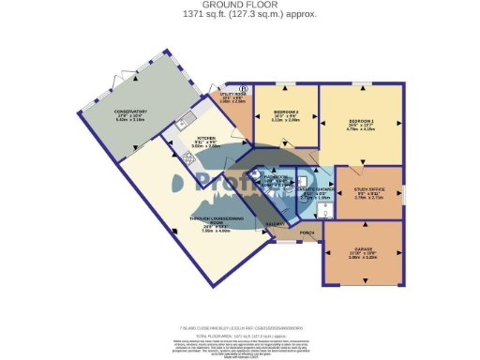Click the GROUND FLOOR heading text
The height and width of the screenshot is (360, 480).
point(239,4)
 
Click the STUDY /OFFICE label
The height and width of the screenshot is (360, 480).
point(367,189)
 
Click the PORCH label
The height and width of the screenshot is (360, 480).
point(306,232)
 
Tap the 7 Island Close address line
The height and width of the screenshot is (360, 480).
point(239,327)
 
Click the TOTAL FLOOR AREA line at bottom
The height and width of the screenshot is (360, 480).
point(239,334)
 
